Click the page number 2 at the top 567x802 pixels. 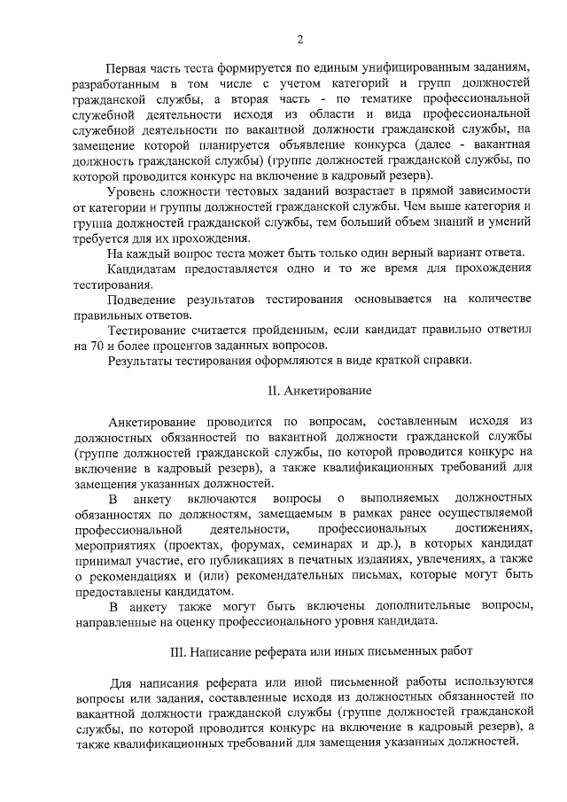tap(300, 38)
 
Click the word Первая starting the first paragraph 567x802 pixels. tap(128, 67)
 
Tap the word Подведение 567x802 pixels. tap(144, 299)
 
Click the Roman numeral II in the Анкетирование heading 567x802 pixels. tap(273, 391)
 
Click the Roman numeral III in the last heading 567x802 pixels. tap(176, 651)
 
